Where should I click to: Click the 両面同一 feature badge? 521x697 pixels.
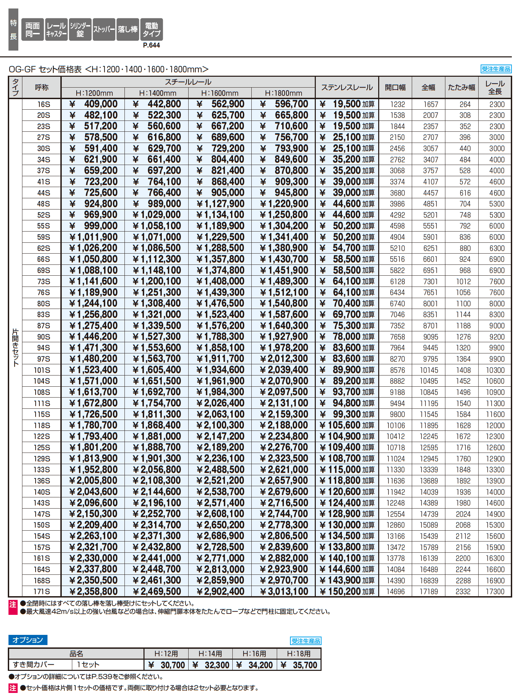(33, 30)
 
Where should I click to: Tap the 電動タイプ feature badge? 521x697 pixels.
(151, 30)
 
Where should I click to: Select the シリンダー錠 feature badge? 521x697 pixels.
(80, 30)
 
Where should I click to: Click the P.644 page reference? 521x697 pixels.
(151, 45)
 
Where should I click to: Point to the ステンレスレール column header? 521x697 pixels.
(347, 88)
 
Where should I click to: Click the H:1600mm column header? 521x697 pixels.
(220, 93)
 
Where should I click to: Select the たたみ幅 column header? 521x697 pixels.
(461, 88)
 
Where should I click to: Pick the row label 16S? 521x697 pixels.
(43, 104)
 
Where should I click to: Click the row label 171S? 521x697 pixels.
(42, 591)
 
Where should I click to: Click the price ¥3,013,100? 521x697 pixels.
(284, 591)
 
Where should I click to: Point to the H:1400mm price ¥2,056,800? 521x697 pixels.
(157, 470)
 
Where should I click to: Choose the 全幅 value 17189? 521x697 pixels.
(429, 591)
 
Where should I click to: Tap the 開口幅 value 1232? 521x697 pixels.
(397, 105)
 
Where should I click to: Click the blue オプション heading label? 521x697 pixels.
(28, 640)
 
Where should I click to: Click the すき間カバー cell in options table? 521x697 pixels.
(34, 664)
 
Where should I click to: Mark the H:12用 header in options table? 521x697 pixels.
(166, 654)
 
